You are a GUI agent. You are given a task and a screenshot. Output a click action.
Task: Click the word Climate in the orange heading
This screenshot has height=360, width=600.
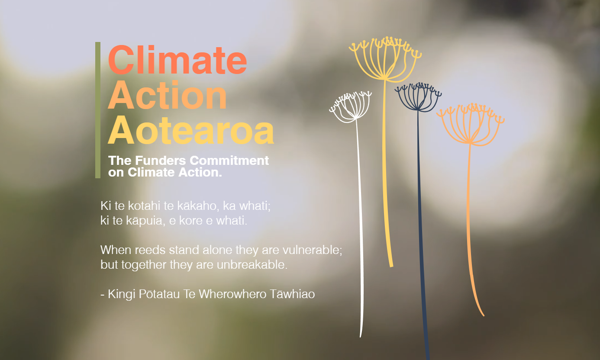[177, 60]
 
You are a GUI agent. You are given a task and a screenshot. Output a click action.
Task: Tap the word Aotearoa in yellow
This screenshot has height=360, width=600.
[191, 131]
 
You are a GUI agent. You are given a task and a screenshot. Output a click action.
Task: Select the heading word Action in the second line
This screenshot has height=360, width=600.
[168, 95]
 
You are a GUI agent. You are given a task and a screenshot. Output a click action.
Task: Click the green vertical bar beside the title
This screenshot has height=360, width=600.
[98, 110]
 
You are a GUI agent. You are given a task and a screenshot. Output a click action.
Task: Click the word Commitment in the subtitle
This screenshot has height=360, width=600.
[229, 161]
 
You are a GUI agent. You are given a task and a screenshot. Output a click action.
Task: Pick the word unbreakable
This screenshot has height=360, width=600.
[252, 265]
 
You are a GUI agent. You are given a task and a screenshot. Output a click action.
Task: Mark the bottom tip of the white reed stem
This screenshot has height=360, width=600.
[360, 337]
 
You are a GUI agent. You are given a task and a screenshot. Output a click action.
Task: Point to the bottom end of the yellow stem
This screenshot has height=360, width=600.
[391, 266]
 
